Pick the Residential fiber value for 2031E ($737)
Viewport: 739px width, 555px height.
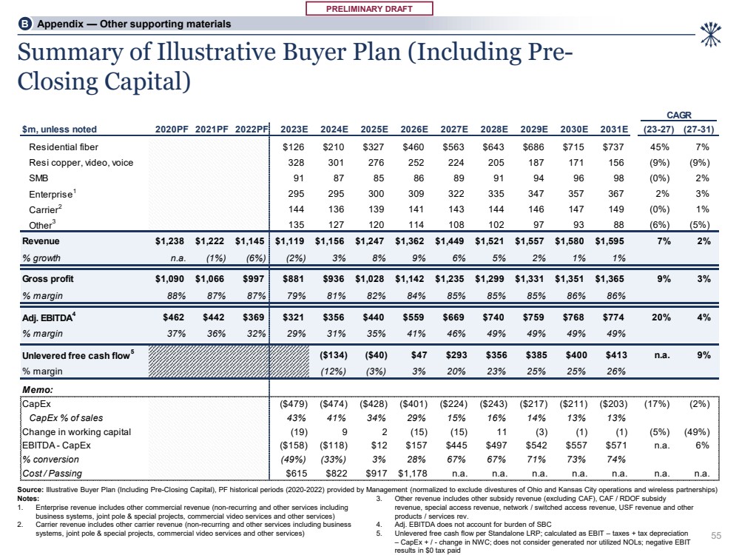(615, 147)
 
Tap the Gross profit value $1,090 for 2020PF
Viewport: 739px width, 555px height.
(171, 279)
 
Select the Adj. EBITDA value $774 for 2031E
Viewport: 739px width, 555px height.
(615, 317)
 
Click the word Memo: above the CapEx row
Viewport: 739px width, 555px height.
(36, 388)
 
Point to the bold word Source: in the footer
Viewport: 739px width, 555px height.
(30, 490)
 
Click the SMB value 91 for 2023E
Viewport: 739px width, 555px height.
(300, 178)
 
